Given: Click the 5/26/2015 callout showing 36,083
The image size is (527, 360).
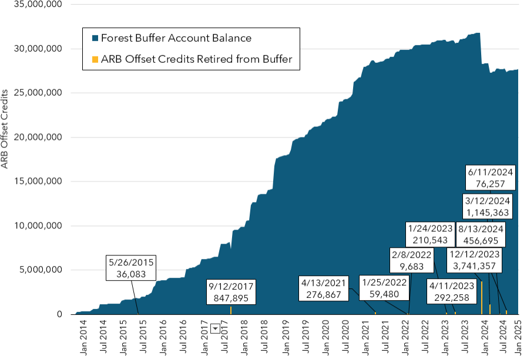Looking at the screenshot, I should coord(132,268).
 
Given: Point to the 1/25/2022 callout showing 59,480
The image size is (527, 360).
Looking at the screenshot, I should coord(384,288).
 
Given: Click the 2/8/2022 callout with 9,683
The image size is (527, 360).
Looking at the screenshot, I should coord(412,261).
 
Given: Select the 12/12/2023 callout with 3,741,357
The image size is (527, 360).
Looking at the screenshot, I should coord(474,261).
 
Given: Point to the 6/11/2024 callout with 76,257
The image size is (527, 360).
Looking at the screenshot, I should coord(491,179).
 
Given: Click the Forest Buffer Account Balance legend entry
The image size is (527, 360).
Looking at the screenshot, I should coord(176,38).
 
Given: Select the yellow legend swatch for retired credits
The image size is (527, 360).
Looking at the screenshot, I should coord(95,59).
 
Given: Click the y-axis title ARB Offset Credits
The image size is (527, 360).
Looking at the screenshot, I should coord(5,130).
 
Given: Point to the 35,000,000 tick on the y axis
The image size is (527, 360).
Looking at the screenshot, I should coord(37,5).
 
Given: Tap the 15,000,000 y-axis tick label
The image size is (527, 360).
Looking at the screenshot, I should coord(37,181).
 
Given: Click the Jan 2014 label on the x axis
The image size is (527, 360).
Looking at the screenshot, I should coord(83,338).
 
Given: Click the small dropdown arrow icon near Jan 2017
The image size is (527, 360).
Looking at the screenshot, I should coord(215,329).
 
